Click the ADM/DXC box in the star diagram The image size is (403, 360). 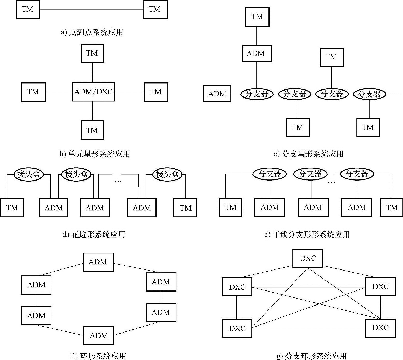93,92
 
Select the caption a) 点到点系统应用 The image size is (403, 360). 92,32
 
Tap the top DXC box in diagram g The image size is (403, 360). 308,259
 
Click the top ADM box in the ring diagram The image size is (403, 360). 98,262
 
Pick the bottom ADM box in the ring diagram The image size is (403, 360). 98,336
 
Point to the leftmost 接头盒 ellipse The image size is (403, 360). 29,174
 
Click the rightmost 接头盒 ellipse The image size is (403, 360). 167,174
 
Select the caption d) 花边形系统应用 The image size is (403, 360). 94,234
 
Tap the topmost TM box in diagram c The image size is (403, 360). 257,17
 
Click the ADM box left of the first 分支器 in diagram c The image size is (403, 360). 217,94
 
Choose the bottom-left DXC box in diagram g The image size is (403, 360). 237,328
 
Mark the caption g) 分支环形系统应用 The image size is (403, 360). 312,356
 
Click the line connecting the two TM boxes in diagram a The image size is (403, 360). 91,10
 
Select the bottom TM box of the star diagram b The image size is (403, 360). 92,130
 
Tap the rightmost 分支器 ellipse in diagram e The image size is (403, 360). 357,174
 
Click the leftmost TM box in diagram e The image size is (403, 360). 230,207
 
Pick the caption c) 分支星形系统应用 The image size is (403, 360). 308,154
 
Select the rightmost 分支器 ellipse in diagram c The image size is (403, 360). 369,94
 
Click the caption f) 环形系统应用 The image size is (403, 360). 98,356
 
